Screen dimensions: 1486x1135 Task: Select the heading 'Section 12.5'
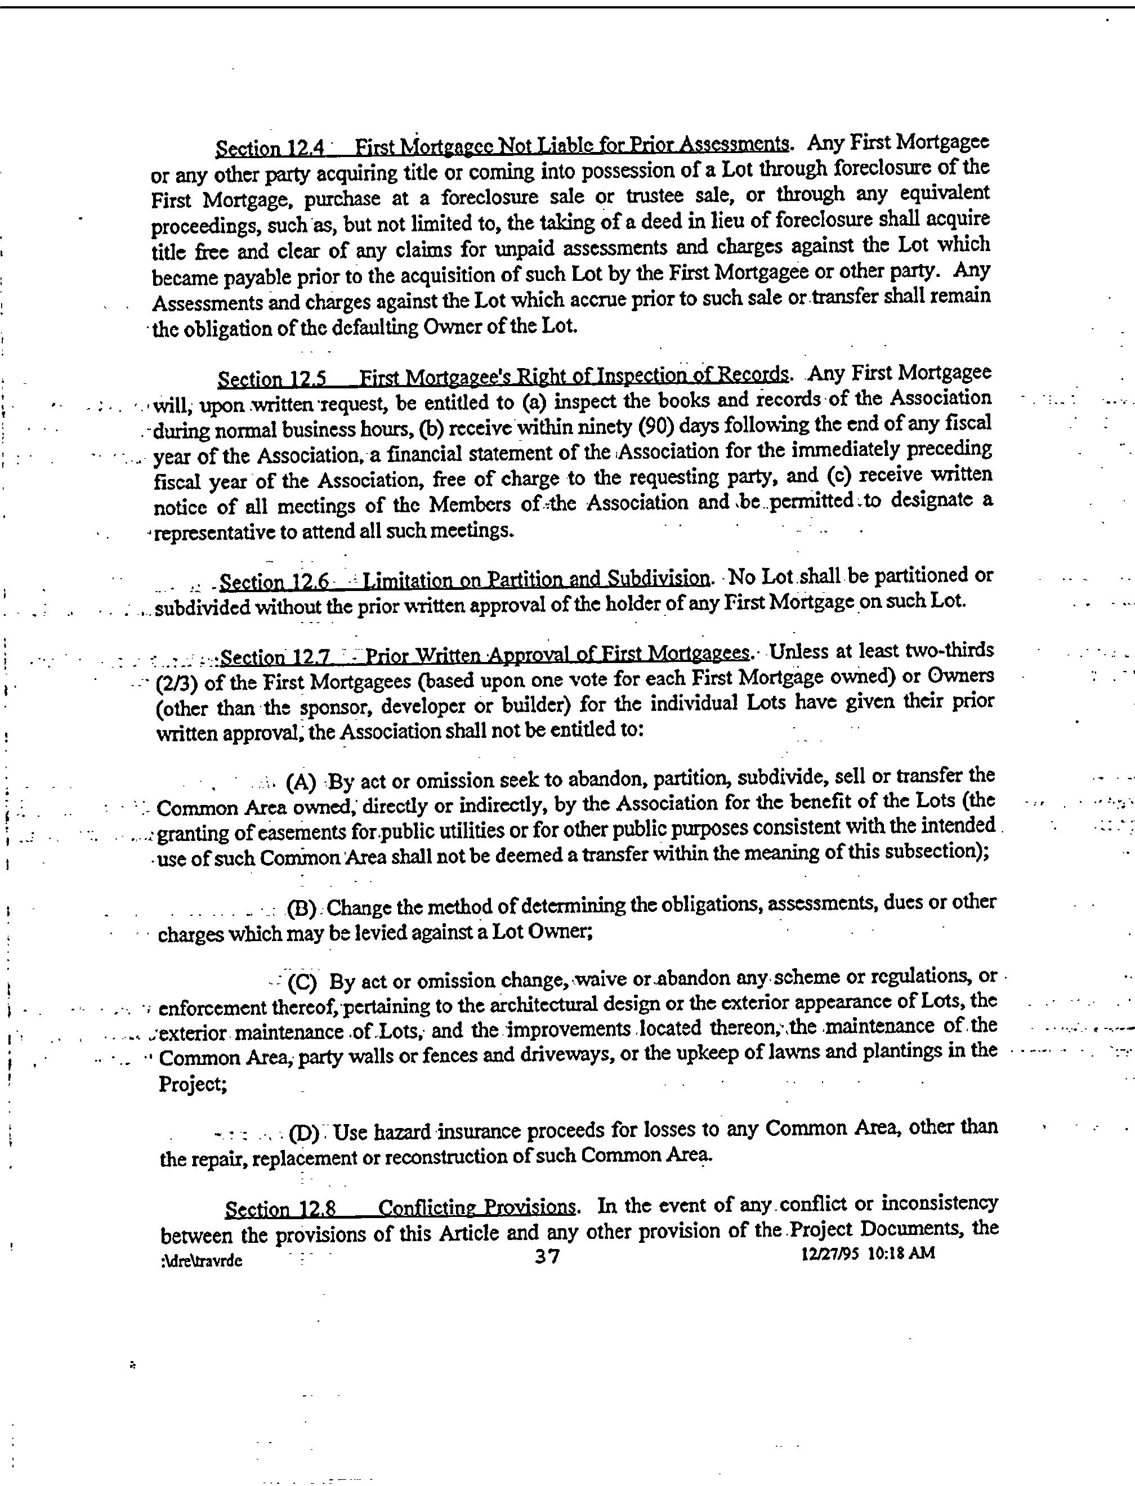271,379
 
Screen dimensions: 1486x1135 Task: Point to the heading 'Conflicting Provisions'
476,1207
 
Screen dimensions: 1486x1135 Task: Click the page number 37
547,1256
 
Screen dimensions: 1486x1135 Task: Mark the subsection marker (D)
303,1132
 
